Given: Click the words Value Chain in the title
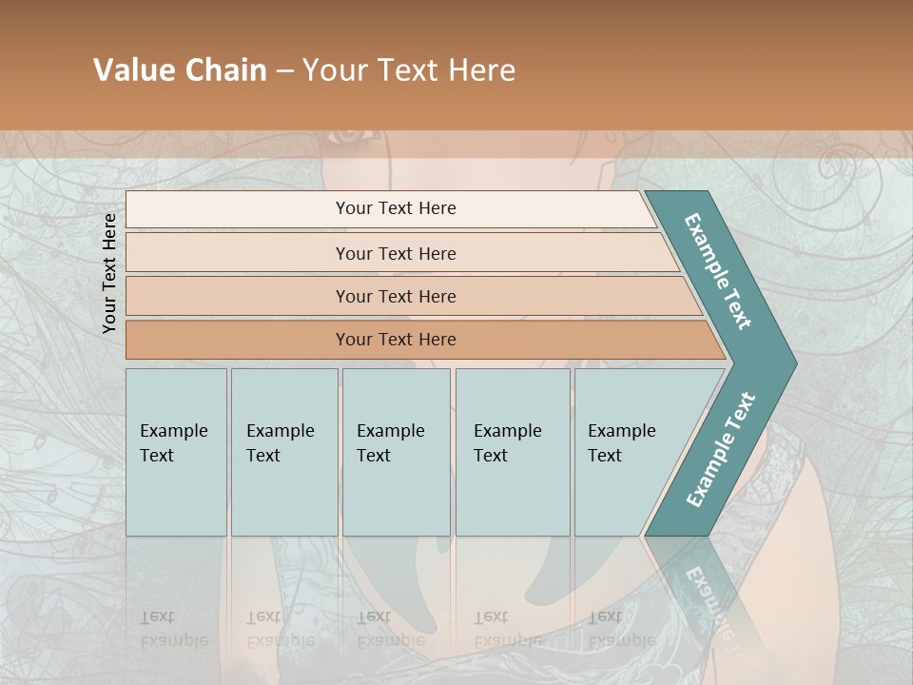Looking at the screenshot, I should tap(180, 70).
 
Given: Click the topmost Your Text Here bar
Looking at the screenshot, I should tap(395, 208).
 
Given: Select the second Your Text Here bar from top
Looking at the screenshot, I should tap(395, 253).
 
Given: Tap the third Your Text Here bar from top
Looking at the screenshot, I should tap(395, 296).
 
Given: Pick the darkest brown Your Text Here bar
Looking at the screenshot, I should tap(395, 340).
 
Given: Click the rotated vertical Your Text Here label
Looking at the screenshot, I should tap(109, 273).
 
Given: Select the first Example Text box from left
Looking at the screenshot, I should tap(176, 452).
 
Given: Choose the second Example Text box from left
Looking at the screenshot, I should tap(283, 452).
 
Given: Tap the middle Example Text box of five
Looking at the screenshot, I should tap(396, 452).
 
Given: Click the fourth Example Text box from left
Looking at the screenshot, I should tap(512, 452).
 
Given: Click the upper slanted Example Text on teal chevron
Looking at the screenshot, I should tap(718, 271).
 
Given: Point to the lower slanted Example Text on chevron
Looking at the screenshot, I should tap(720, 449).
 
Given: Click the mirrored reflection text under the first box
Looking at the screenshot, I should tap(174, 629).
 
